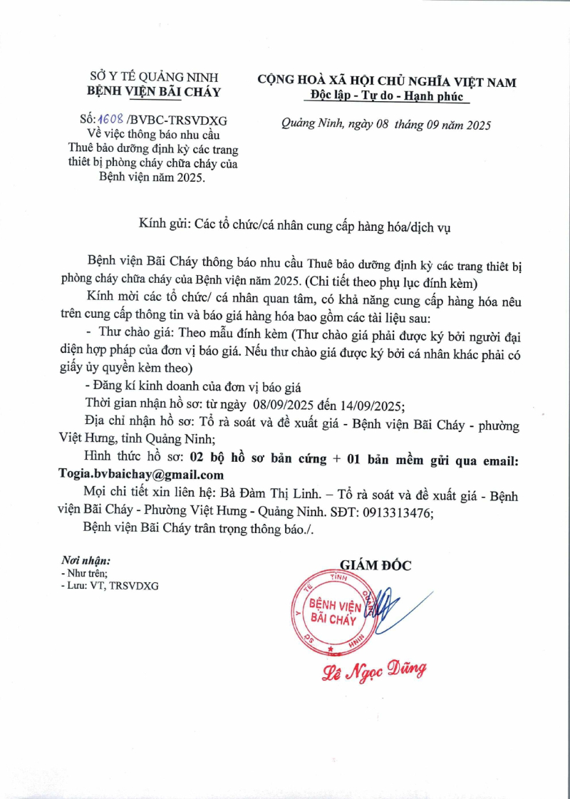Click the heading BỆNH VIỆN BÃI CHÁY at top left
click(154, 91)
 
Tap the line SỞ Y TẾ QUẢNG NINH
click(154, 76)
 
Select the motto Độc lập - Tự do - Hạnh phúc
click(387, 96)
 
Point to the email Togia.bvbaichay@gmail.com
click(141, 474)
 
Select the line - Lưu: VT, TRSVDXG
click(110, 585)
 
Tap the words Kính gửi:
click(163, 226)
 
